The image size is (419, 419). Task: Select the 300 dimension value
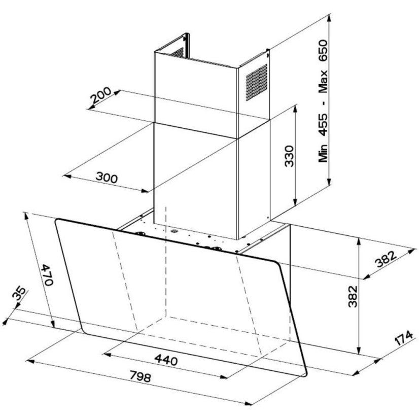(107, 178)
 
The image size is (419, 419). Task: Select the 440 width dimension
(166, 361)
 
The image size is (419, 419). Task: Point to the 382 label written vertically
(354, 298)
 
